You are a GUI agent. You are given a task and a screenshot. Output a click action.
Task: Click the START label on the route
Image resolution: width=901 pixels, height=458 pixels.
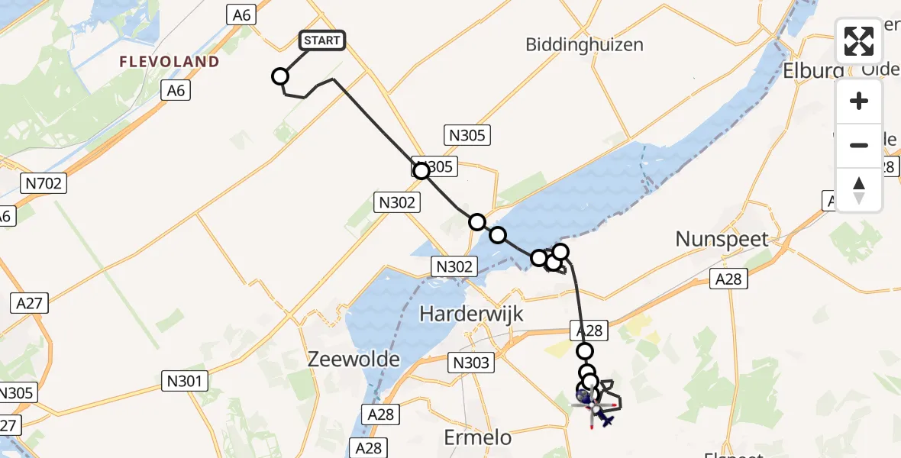pyautogui.click(x=323, y=40)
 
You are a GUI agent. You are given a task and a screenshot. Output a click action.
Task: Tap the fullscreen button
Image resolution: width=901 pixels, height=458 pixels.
pyautogui.click(x=859, y=41)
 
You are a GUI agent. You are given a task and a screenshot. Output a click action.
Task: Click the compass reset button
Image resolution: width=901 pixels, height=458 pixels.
pyautogui.click(x=859, y=190)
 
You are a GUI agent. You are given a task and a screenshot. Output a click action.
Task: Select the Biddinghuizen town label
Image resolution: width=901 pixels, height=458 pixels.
pyautogui.click(x=584, y=44)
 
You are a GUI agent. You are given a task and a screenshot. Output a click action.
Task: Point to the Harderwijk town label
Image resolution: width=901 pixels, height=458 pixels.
pyautogui.click(x=470, y=314)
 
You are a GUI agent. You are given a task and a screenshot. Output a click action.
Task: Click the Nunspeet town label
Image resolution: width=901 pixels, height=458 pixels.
pyautogui.click(x=722, y=239)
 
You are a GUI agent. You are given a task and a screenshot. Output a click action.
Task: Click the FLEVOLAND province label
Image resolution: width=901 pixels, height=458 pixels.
pyautogui.click(x=170, y=61)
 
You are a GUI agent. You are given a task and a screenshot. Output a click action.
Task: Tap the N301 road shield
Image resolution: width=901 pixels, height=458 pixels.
pyautogui.click(x=186, y=379)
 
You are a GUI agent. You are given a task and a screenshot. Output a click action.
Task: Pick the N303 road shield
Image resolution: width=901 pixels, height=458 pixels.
pyautogui.click(x=472, y=363)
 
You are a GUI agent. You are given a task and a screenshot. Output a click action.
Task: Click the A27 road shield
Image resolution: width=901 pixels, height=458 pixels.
pyautogui.click(x=30, y=303)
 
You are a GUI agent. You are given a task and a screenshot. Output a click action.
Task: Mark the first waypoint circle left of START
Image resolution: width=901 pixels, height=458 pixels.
pyautogui.click(x=280, y=76)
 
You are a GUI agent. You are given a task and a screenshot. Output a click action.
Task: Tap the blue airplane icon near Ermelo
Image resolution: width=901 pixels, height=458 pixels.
pyautogui.click(x=606, y=418)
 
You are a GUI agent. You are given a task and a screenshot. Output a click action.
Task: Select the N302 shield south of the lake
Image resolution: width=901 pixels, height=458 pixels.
pyautogui.click(x=455, y=266)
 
